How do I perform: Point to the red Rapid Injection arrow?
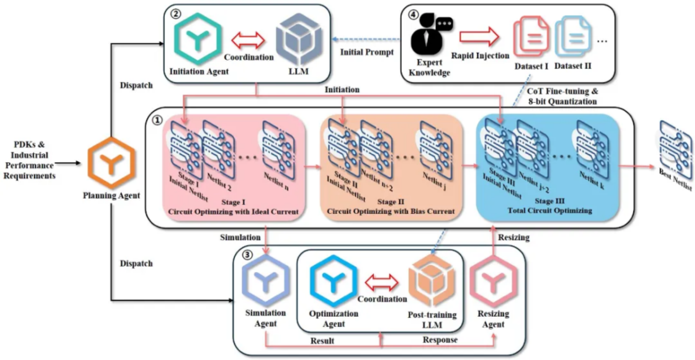pos(479,35)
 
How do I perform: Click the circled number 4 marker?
pos(414,15)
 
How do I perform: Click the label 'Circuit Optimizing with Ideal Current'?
pos(233,212)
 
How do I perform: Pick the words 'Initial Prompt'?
pos(367,52)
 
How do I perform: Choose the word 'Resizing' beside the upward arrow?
pos(514,238)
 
